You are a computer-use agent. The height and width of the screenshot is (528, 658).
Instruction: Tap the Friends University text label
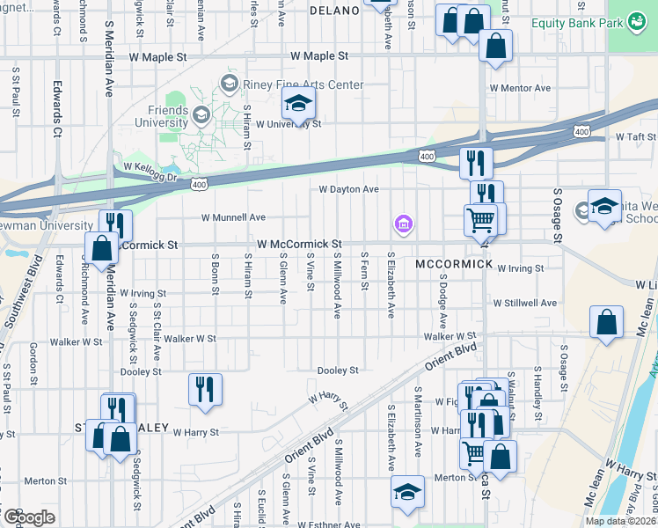167,116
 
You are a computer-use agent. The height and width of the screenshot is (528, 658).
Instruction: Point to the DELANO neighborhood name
334,11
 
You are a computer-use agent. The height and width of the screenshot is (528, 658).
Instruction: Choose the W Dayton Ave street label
348,189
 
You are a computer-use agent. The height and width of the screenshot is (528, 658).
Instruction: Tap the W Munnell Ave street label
233,216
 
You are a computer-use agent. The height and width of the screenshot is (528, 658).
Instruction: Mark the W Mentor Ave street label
520,88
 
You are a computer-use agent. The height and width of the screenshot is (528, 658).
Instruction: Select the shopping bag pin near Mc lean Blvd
607,323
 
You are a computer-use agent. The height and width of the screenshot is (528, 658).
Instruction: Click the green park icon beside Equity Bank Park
635,23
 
